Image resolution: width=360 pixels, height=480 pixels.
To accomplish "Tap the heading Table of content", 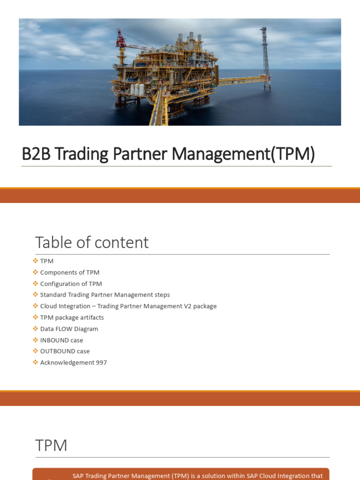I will tap(92, 242).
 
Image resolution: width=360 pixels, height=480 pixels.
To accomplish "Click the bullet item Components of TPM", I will tap(70, 272).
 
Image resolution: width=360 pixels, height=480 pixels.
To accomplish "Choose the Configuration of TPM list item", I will tap(71, 284).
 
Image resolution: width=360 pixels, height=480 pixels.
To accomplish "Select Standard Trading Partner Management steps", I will tap(105, 295).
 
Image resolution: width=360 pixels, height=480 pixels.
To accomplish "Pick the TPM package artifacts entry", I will tap(72, 317).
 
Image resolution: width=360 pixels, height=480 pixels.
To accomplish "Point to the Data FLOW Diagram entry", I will tap(69, 329).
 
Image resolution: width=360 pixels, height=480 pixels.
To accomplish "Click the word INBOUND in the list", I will tap(54, 340).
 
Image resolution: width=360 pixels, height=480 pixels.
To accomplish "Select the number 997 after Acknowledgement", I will tap(101, 362).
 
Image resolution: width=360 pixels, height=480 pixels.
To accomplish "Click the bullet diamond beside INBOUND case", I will tap(35, 340).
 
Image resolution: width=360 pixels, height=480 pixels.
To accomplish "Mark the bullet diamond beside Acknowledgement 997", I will tap(35, 362).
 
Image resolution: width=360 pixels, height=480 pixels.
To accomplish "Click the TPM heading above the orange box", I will tap(51, 445).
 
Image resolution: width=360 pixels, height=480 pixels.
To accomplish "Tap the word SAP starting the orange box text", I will tap(78, 476).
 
